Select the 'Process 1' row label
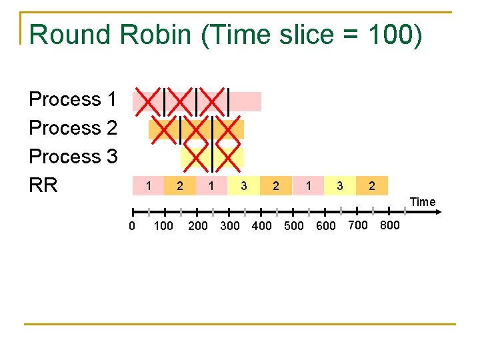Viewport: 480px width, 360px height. click(73, 99)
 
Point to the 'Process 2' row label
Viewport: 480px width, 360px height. click(73, 128)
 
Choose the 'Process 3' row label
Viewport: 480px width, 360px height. click(73, 157)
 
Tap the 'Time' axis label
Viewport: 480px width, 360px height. click(423, 201)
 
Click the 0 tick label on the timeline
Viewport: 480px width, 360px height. click(132, 225)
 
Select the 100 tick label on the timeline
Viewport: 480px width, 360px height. click(163, 225)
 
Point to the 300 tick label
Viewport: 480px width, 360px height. click(229, 225)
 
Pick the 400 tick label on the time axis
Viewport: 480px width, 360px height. click(261, 225)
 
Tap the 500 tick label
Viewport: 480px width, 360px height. click(294, 225)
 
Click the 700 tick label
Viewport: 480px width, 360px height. click(358, 225)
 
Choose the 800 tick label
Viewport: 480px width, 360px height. click(389, 225)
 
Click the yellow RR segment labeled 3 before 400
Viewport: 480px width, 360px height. click(244, 186)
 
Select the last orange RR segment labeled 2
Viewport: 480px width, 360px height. click(372, 186)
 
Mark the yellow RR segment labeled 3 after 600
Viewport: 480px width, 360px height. click(340, 186)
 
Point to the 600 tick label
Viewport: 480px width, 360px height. click(326, 225)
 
